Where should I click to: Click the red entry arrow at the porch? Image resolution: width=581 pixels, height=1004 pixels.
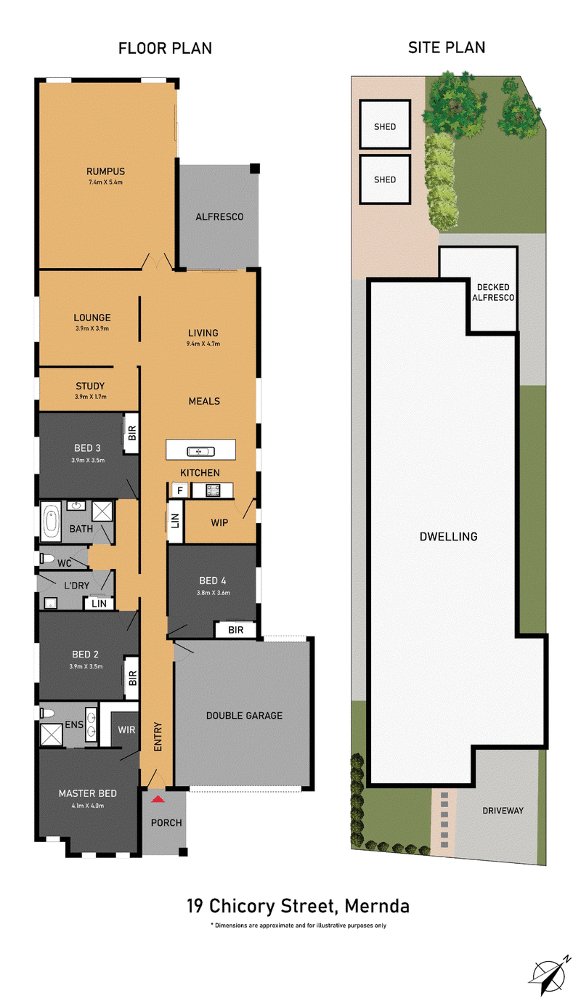pyautogui.click(x=158, y=798)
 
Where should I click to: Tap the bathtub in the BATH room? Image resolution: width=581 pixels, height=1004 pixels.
pyautogui.click(x=51, y=522)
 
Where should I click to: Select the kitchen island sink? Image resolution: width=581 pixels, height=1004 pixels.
pyautogui.click(x=200, y=451)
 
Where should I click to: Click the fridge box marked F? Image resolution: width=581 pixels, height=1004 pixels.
pyautogui.click(x=179, y=490)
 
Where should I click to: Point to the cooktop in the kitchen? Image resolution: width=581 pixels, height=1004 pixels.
pyautogui.click(x=213, y=490)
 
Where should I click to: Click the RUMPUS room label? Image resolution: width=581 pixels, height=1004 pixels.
pyautogui.click(x=106, y=171)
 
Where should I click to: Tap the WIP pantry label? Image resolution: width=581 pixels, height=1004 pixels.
pyautogui.click(x=219, y=522)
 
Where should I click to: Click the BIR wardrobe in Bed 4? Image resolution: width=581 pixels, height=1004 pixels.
pyautogui.click(x=235, y=630)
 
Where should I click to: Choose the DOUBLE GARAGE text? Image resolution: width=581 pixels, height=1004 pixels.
pyautogui.click(x=244, y=716)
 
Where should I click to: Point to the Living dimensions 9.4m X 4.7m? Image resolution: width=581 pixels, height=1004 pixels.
pyautogui.click(x=203, y=344)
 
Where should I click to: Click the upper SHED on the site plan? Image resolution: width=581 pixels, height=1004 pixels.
pyautogui.click(x=385, y=125)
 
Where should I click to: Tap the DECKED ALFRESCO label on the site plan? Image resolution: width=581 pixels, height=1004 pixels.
pyautogui.click(x=492, y=292)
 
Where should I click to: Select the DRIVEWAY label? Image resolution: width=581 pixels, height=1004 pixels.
pyautogui.click(x=503, y=810)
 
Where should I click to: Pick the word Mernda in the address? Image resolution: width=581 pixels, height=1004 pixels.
pyautogui.click(x=377, y=906)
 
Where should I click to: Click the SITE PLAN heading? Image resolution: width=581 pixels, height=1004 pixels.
pyautogui.click(x=447, y=47)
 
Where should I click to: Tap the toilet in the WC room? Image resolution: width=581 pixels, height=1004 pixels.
pyautogui.click(x=46, y=559)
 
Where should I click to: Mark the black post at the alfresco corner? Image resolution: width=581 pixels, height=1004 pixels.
pyautogui.click(x=255, y=169)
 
